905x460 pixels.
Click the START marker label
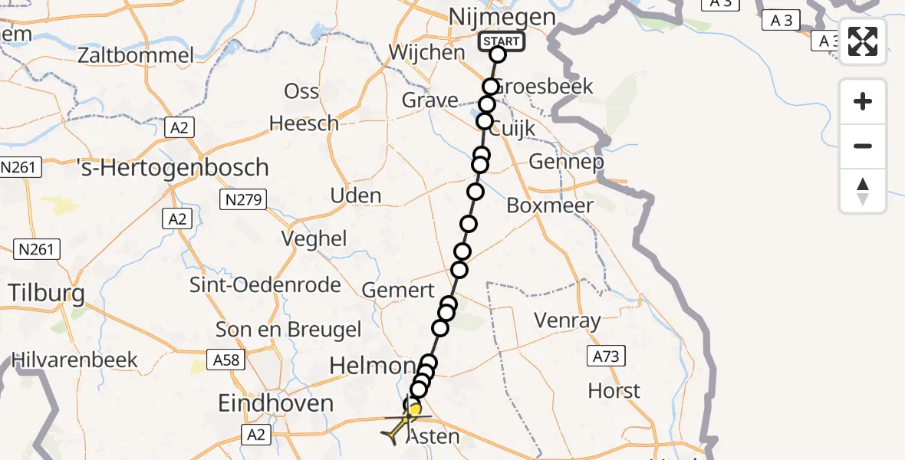502,41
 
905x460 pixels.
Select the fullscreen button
863,41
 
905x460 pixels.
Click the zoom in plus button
863,101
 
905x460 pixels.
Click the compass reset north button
863,191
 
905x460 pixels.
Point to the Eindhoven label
276,403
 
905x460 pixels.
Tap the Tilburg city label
46,292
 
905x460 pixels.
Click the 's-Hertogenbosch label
173,167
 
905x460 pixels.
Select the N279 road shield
242,201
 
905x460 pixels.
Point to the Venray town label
567,320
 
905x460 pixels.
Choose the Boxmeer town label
550,205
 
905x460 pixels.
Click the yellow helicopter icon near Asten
400,426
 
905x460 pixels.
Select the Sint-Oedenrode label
266,285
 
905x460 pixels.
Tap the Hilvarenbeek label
74,359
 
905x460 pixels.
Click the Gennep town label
566,162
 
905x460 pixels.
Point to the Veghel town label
314,238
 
